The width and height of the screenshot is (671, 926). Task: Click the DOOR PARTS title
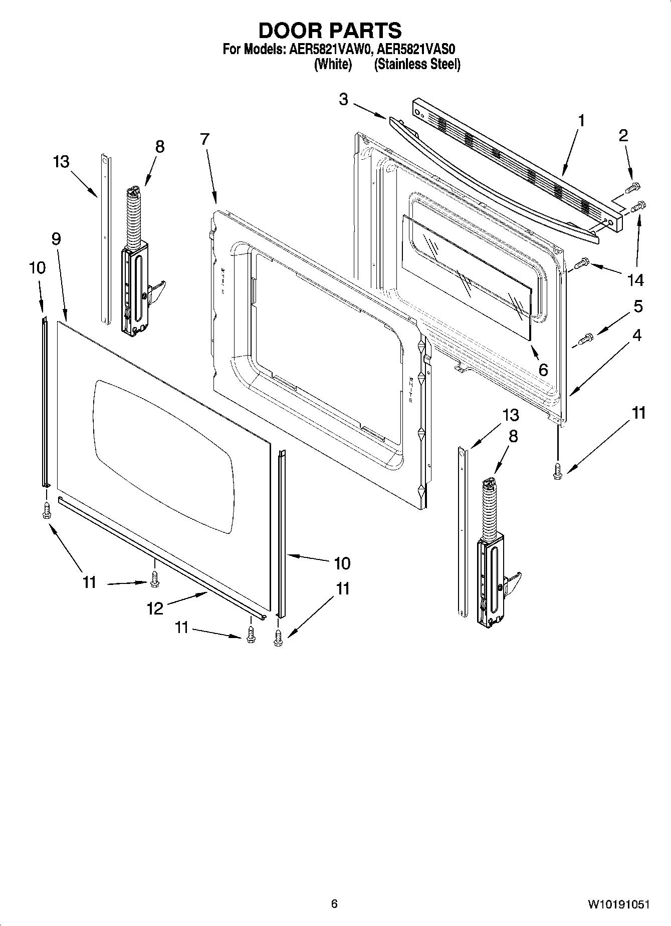(330, 31)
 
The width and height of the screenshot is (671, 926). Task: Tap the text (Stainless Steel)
(417, 64)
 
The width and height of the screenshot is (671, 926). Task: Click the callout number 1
(581, 121)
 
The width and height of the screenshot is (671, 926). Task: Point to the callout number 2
(623, 136)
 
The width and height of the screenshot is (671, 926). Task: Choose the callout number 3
(343, 99)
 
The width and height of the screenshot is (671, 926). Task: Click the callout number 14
(635, 280)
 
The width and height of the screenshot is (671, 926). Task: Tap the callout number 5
(638, 306)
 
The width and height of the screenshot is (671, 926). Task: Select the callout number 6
(543, 370)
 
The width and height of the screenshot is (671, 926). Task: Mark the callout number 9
(56, 239)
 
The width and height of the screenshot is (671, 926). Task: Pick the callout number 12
(155, 608)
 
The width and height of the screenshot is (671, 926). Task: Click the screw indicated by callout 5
(586, 339)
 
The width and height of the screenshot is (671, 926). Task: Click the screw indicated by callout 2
(633, 188)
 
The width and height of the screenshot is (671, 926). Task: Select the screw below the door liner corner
(557, 471)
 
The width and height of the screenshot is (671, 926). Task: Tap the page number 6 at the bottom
(334, 903)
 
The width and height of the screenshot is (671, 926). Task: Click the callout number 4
(636, 335)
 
